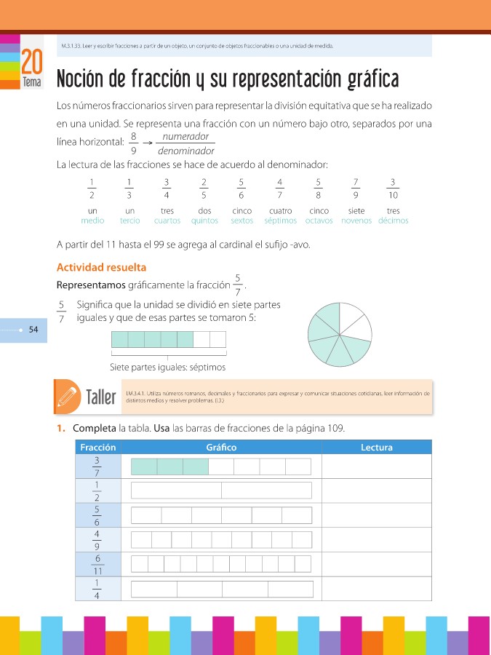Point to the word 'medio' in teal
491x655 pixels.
[x=92, y=221]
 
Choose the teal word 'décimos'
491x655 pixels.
[x=394, y=221]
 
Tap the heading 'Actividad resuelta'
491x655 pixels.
[x=101, y=267]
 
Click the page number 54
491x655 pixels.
[x=33, y=330]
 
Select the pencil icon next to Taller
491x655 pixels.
[x=66, y=397]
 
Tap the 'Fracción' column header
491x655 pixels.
[x=97, y=448]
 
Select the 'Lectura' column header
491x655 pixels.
[x=376, y=448]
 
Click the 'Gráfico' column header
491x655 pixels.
[x=221, y=448]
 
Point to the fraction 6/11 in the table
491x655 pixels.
[x=97, y=563]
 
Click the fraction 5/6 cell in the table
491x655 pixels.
[x=97, y=515]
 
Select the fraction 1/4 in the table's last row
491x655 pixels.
[x=97, y=588]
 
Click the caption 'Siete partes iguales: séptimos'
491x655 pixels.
[x=167, y=367]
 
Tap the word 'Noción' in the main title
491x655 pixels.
[x=81, y=79]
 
